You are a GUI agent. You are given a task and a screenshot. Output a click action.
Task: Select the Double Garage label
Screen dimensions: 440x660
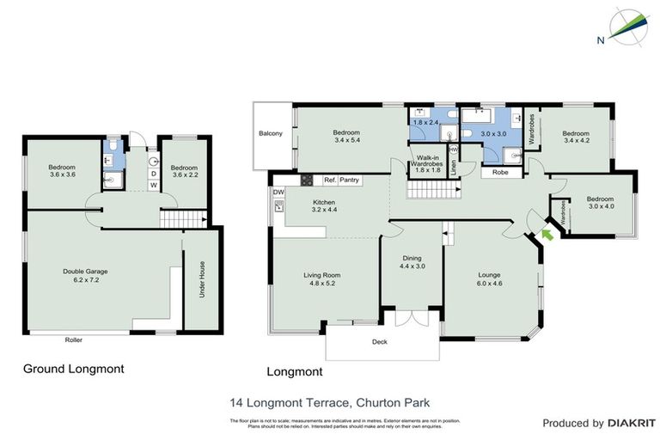click(85, 276)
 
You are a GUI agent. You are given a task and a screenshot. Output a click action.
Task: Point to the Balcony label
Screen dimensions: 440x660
click(271, 134)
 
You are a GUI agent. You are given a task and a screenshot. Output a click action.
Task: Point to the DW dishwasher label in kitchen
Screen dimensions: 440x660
click(278, 192)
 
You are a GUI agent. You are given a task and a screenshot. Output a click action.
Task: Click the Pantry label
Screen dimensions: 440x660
click(349, 180)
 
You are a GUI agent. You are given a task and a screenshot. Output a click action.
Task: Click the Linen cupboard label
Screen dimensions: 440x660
click(453, 163)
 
